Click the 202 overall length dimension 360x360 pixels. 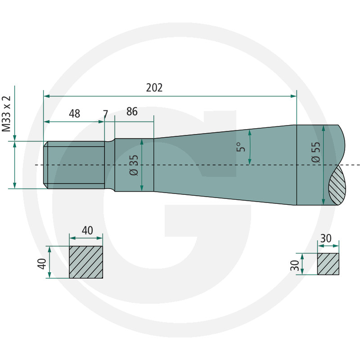[154, 88]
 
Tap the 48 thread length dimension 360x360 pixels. [74, 114]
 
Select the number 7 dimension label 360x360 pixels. [105, 114]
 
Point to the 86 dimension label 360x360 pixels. [132, 112]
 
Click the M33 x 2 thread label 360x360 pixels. [6, 114]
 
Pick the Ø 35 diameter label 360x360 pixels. [134, 165]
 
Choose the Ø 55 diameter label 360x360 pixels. [316, 152]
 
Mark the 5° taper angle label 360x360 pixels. [241, 147]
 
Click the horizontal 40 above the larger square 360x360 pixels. [87, 230]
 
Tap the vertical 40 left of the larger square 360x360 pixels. [42, 264]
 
